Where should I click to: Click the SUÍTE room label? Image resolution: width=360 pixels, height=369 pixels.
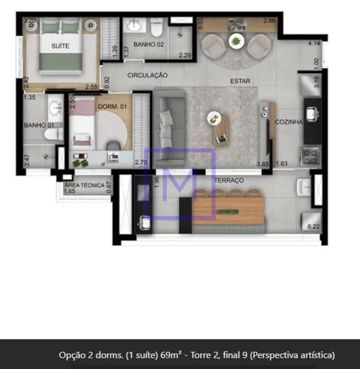[60, 46]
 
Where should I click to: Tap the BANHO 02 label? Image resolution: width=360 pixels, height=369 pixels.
[148, 44]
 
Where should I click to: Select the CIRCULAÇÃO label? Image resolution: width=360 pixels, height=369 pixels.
[147, 75]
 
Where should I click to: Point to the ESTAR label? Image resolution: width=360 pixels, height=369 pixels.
[240, 81]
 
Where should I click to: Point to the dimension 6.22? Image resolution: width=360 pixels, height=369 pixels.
[313, 227]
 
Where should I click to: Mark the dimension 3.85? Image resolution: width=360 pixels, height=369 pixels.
[262, 164]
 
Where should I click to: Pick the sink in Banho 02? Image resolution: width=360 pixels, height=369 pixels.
[135, 24]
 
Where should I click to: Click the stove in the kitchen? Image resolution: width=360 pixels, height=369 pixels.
[312, 155]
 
